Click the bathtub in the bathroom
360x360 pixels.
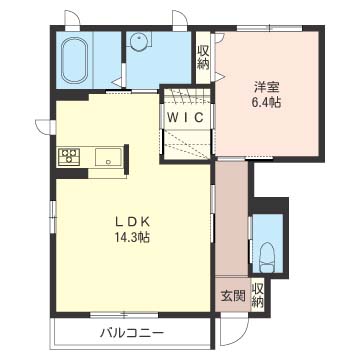pyautogui.click(x=75, y=60)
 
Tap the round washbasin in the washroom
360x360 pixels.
pyautogui.click(x=138, y=42)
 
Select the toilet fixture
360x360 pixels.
pyautogui.click(x=267, y=257)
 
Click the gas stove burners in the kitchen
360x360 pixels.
pyautogui.click(x=69, y=157)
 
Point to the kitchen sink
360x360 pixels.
pyautogui.click(x=108, y=157)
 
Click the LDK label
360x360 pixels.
pyautogui.click(x=133, y=221)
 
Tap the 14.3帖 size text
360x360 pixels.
pyautogui.click(x=132, y=237)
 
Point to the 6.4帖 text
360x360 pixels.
pyautogui.click(x=266, y=103)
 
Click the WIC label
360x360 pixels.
pyautogui.click(x=185, y=117)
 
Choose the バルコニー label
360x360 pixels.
pyautogui.click(x=132, y=333)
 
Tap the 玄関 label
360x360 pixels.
pyautogui.click(x=233, y=295)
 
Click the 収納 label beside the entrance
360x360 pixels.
pyautogui.click(x=257, y=295)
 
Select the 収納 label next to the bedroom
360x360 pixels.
pyautogui.click(x=203, y=57)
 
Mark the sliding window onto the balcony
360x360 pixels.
pyautogui.click(x=124, y=314)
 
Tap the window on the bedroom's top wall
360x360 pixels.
pyautogui.click(x=269, y=28)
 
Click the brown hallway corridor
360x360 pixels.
pyautogui.click(x=231, y=218)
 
